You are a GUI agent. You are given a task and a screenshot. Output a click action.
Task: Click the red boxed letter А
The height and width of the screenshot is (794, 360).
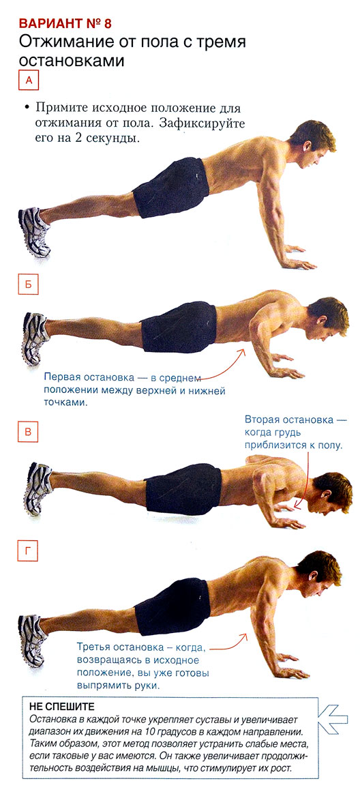(29, 80)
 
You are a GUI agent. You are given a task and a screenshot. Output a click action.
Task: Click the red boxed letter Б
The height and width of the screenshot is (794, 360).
(29, 284)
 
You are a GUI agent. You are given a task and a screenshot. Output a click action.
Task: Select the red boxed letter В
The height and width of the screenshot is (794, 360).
(29, 432)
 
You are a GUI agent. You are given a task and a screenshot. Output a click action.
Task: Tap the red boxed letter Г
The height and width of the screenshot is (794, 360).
(29, 552)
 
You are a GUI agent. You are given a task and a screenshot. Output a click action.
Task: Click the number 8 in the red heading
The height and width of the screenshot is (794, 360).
(105, 23)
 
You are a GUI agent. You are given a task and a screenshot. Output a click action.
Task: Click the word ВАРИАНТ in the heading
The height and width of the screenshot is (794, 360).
(50, 23)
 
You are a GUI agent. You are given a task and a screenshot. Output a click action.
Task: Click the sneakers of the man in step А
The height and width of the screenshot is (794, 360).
(34, 231)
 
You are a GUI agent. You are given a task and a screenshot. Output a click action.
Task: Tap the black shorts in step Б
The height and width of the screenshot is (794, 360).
(179, 327)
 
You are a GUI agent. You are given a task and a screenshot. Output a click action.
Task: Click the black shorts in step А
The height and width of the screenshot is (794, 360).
(171, 187)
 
